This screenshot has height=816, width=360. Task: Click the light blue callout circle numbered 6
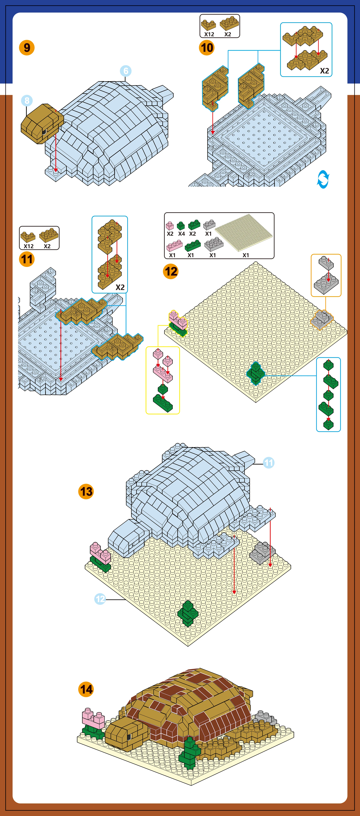click(126, 71)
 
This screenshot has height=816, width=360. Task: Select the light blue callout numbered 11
click(269, 463)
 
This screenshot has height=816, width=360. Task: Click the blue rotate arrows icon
click(323, 179)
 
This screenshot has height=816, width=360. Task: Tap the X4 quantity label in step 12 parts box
click(181, 234)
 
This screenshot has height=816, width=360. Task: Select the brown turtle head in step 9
click(42, 124)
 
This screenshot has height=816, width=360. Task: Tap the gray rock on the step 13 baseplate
click(262, 553)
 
